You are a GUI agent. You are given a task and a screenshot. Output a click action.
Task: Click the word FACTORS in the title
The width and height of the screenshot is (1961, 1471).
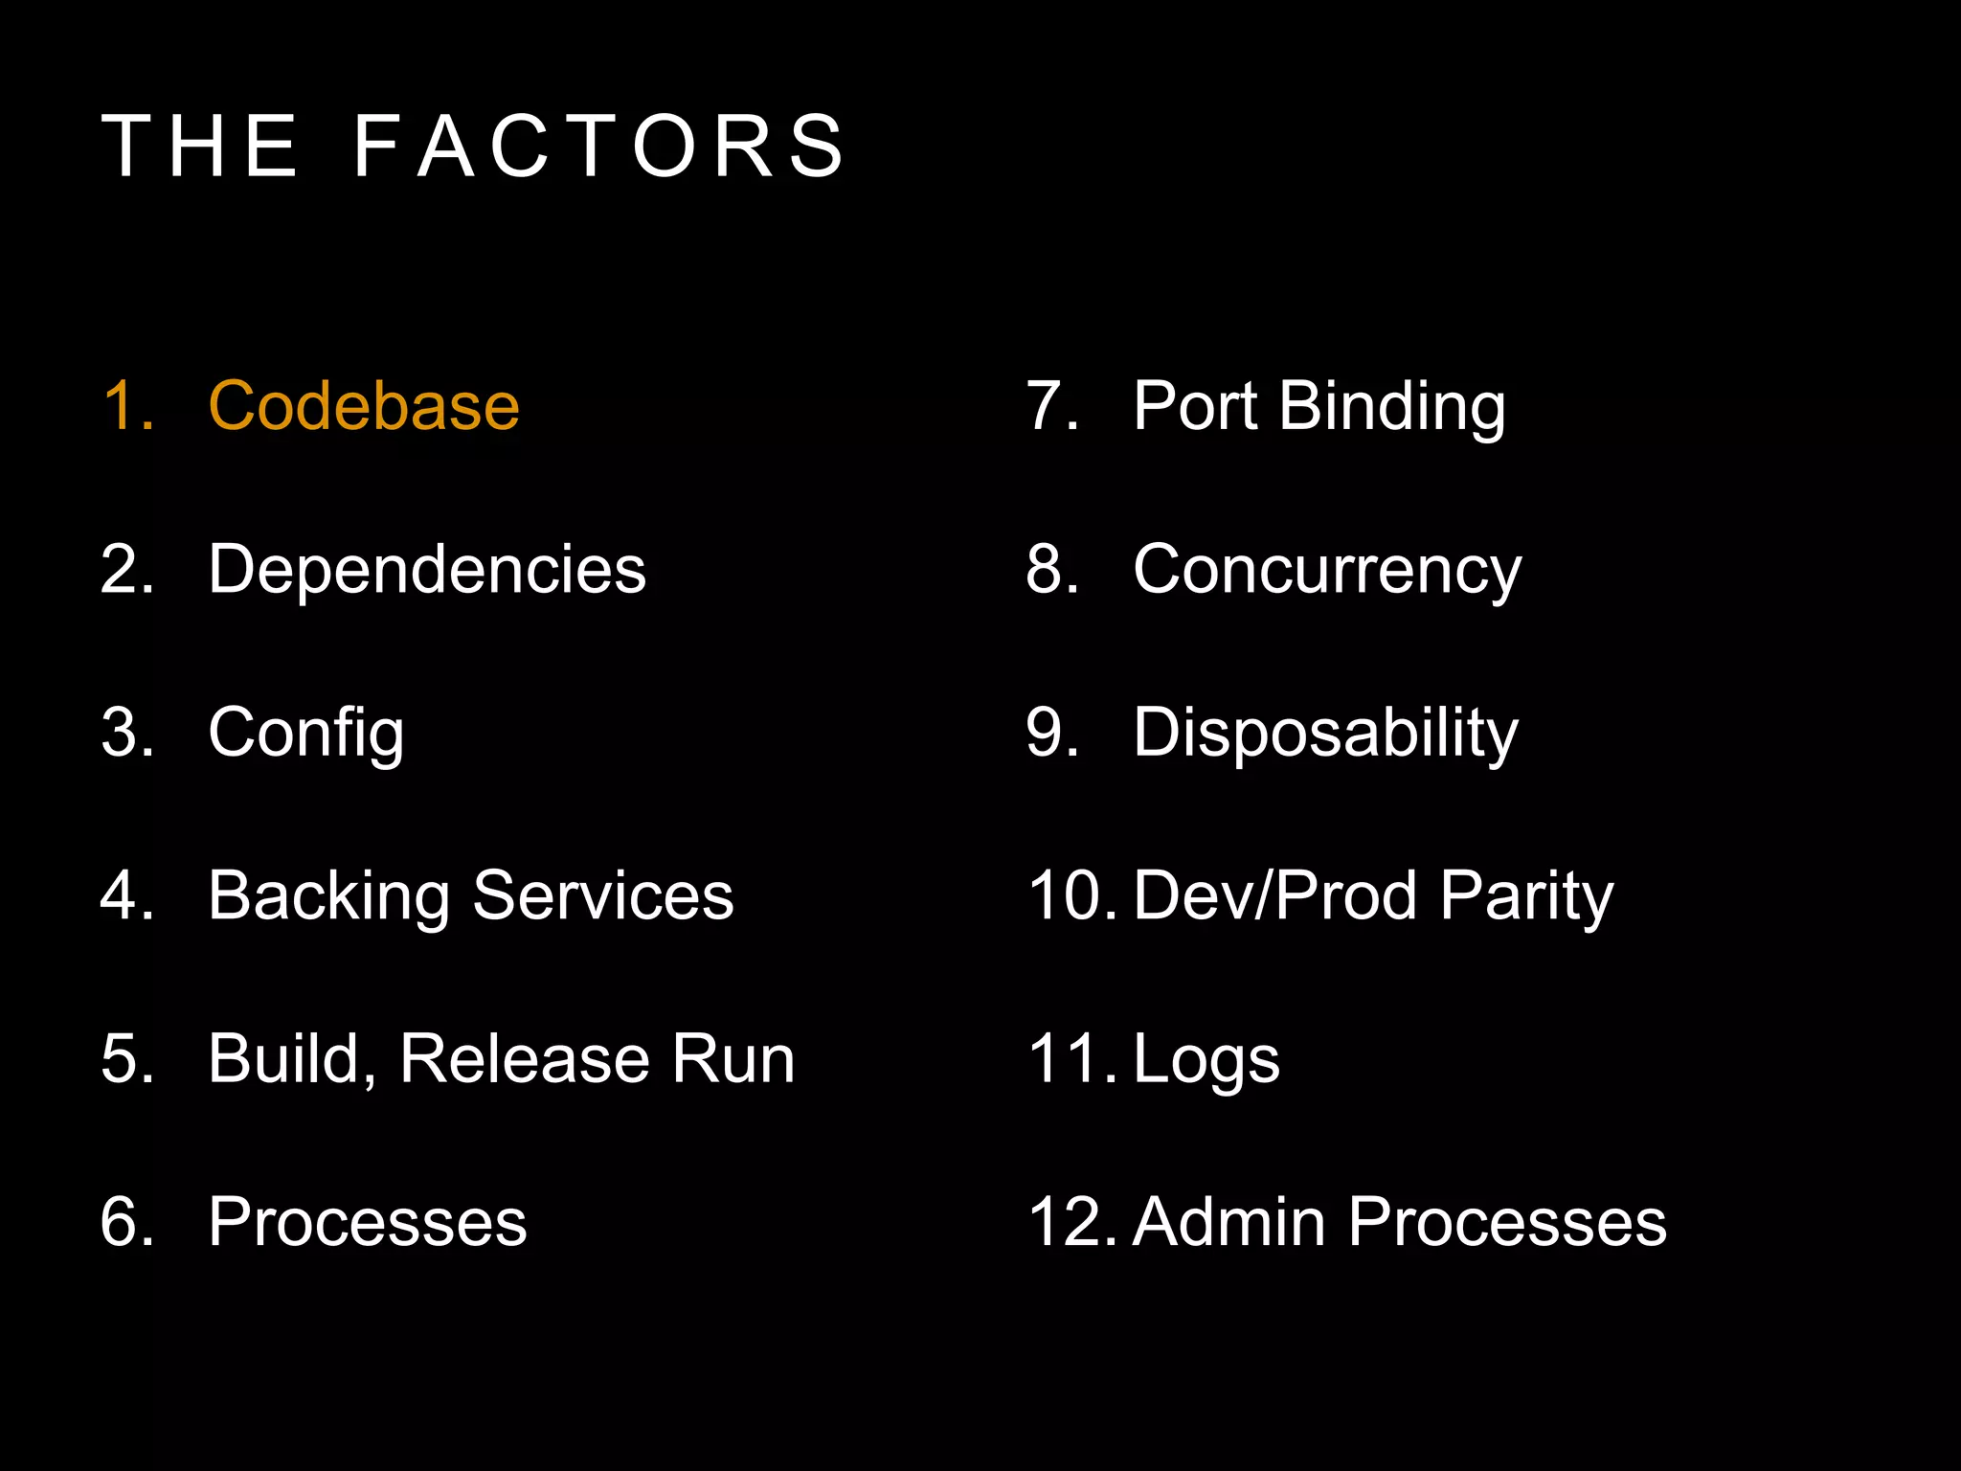599,147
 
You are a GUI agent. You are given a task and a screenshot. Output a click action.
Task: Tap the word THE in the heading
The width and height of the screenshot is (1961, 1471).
201,147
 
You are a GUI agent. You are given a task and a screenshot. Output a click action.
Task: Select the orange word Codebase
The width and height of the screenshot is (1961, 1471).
364,406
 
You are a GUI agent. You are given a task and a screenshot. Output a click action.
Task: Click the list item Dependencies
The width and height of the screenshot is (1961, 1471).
427,569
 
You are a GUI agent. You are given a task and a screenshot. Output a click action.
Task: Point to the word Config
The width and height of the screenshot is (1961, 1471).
306,734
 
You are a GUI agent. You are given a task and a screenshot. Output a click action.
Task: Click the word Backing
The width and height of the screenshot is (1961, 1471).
328,897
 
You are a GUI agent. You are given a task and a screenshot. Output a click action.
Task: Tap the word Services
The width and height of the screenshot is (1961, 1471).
603,896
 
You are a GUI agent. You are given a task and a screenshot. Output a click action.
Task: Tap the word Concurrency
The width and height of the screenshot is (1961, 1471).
1327,571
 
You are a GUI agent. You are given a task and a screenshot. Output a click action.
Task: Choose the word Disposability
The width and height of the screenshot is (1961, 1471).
1325,734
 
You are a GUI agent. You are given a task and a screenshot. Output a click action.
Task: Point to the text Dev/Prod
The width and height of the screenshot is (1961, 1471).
1274,896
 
